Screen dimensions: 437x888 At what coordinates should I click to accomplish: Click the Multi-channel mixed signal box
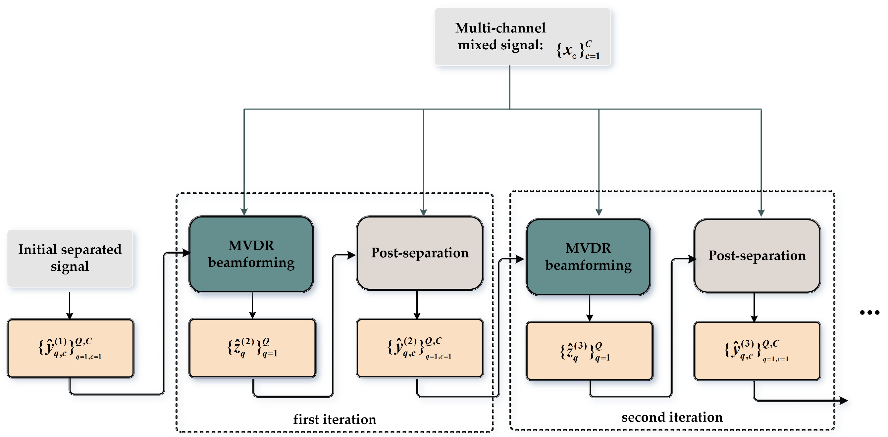pos(522,36)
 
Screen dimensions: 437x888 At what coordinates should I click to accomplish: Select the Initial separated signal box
pos(70,258)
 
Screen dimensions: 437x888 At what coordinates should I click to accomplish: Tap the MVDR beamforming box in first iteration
pos(251,254)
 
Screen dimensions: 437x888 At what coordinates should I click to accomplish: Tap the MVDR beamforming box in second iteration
pos(588,257)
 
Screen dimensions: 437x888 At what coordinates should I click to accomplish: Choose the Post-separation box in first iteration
pos(420,253)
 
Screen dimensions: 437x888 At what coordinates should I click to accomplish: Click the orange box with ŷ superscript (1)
pos(70,348)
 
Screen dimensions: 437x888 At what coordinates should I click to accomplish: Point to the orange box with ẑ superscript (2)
pos(252,348)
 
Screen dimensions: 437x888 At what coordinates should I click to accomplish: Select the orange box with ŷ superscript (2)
pos(420,348)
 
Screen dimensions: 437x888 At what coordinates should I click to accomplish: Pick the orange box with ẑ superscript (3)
pos(589,351)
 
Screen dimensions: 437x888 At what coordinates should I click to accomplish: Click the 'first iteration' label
pos(335,419)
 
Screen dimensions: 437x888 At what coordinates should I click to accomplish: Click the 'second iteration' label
pos(672,417)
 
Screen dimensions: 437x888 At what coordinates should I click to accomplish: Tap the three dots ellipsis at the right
pos(869,312)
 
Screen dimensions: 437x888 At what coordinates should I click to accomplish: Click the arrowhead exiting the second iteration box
pos(843,400)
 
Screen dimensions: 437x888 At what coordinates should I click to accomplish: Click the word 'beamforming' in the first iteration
pos(251,263)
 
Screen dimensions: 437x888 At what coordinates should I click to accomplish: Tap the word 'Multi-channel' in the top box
pos(500,28)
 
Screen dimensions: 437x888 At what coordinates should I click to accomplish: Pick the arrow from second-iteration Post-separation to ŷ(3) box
pos(754,307)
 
